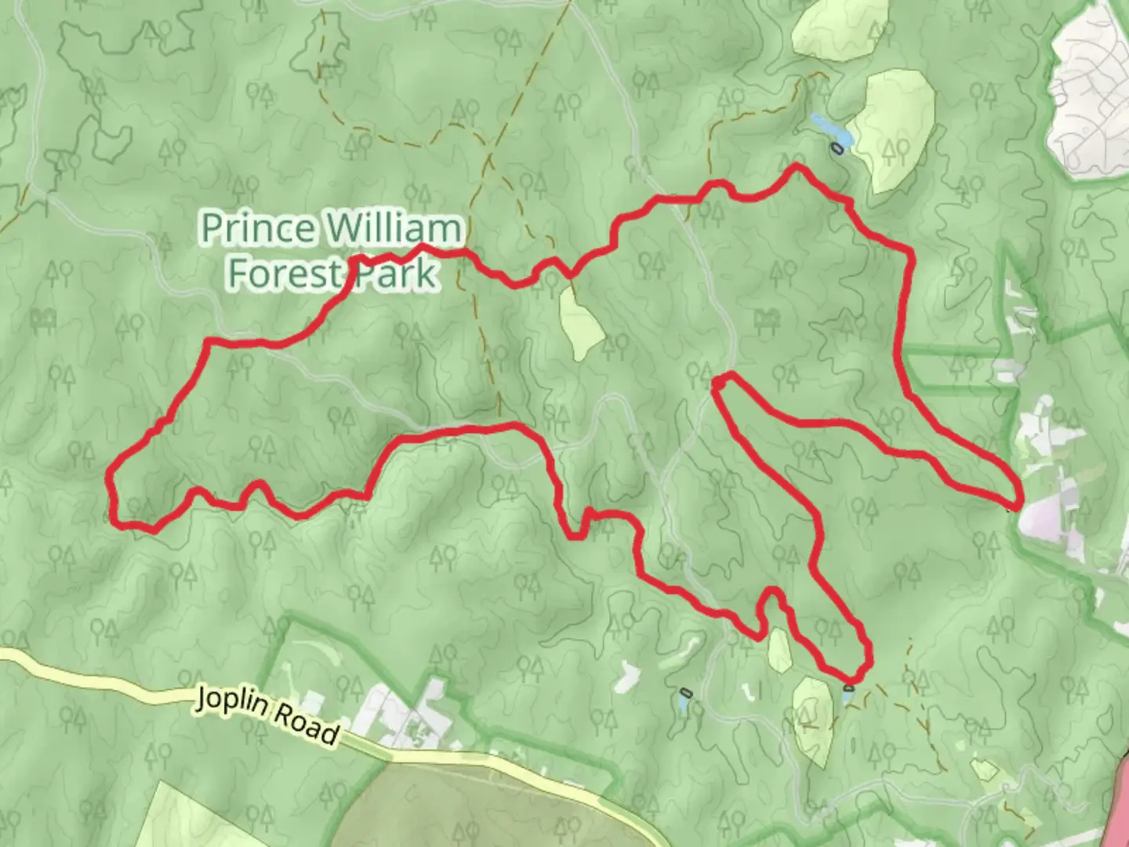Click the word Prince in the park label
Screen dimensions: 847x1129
[259, 228]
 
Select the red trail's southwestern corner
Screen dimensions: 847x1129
[118, 522]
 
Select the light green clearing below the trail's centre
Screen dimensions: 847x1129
[580, 322]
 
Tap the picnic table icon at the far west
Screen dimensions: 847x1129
[43, 319]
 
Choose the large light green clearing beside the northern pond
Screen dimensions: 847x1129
[894, 129]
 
